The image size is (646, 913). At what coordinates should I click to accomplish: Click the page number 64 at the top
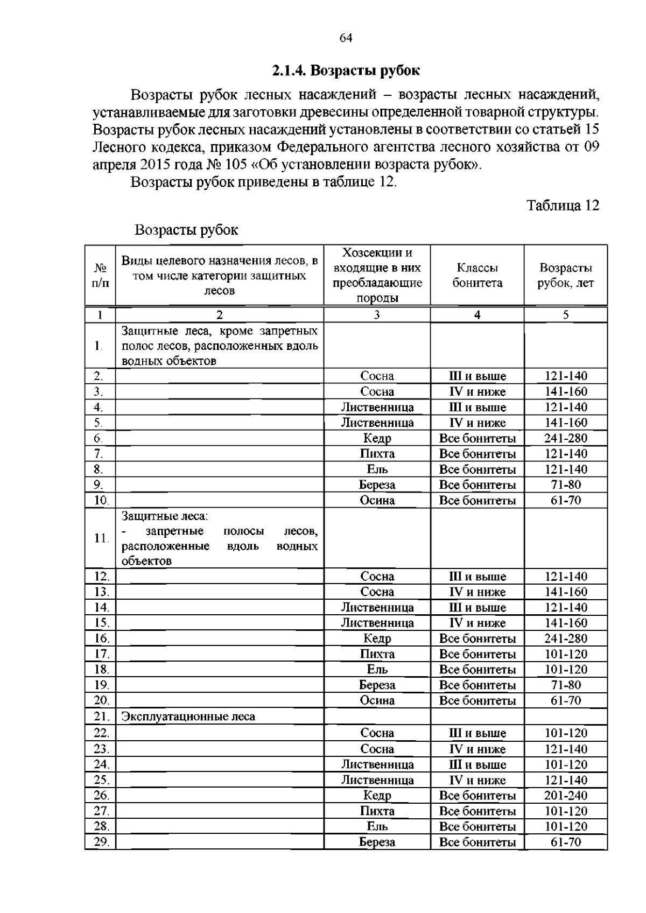click(x=346, y=38)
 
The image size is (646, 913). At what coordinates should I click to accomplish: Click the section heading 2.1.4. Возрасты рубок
click(x=346, y=71)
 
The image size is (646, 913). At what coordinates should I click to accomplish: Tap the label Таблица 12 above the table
click(x=562, y=206)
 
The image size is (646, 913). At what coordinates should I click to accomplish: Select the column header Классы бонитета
click(x=477, y=275)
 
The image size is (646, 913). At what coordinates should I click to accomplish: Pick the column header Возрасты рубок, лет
click(x=565, y=275)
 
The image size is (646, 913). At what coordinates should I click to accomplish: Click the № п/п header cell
click(x=100, y=275)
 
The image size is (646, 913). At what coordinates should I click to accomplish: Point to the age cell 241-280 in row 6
click(x=565, y=438)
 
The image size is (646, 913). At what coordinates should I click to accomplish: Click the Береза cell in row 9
click(x=377, y=484)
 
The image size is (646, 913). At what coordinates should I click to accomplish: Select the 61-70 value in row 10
click(x=565, y=500)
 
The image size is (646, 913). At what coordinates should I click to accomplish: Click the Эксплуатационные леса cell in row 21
click(x=188, y=717)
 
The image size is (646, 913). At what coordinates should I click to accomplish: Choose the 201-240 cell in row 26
click(x=565, y=795)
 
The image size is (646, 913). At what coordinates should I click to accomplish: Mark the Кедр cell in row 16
click(x=377, y=638)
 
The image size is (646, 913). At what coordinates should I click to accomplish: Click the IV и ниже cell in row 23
click(x=477, y=749)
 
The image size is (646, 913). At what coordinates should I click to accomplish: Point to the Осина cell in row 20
click(x=377, y=700)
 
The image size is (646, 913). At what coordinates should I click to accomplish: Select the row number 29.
click(x=101, y=842)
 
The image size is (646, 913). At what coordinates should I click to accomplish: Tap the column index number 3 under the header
click(x=376, y=315)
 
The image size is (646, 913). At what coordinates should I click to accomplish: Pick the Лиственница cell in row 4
click(x=377, y=407)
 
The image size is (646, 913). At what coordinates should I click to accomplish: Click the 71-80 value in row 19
click(x=565, y=685)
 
